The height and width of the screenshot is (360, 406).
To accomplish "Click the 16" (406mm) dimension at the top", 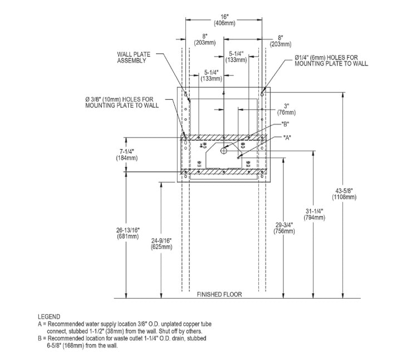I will coord(223,20).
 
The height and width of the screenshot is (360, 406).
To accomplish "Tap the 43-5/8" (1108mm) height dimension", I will coord(344,194).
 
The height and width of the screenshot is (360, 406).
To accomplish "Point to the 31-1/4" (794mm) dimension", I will coord(315,214).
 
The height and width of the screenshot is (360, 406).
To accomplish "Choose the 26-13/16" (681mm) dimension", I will coord(128,233).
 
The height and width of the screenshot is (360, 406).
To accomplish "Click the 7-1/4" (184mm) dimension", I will coord(128,155).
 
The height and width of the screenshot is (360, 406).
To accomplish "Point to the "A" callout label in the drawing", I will coord(288,137).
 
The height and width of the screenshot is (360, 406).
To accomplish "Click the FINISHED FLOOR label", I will coord(219,294).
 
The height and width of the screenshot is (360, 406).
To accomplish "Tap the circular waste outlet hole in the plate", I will coord(223,151).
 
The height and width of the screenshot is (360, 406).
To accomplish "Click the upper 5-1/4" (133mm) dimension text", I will coord(238,57).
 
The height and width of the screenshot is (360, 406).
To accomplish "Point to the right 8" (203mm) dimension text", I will coord(277,40).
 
